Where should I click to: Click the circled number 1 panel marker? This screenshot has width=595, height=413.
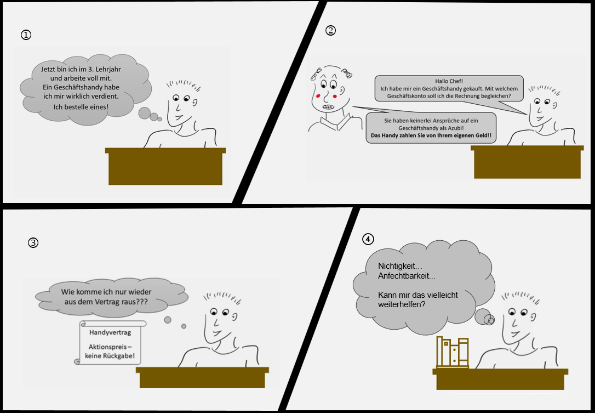(26, 35)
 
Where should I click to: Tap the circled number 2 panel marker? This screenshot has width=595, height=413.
(330, 30)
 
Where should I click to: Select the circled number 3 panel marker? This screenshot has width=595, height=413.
(33, 242)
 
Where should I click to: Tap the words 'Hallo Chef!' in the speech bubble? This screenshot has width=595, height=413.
(449, 81)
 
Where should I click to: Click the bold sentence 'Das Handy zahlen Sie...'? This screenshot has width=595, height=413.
(431, 135)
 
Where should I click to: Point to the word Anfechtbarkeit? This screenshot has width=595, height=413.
(407, 276)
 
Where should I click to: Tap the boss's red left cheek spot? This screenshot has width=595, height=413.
(318, 96)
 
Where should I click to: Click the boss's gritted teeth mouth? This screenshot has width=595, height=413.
(329, 107)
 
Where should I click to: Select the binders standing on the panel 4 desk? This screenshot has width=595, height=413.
(453, 352)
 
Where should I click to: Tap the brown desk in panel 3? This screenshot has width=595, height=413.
(202, 377)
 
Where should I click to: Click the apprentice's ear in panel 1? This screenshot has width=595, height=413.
(194, 103)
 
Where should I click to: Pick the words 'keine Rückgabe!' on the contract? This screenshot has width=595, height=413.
(110, 357)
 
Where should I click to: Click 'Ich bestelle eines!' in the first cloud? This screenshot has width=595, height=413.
(81, 107)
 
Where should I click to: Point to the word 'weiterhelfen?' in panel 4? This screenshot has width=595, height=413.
(402, 304)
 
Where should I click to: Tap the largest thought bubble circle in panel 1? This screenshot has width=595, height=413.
(145, 113)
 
